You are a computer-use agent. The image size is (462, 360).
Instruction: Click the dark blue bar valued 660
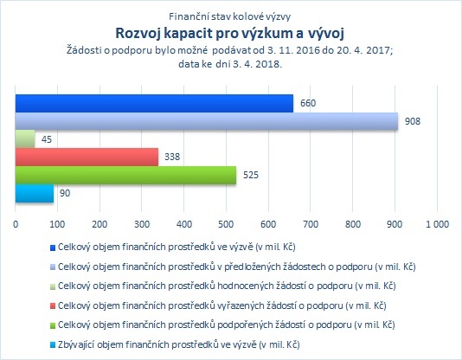154,103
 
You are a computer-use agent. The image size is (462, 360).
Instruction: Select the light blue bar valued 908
207,121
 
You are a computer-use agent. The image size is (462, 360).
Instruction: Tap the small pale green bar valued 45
25,139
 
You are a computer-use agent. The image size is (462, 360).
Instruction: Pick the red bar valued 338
87,157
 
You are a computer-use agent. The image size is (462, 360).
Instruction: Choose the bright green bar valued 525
125,176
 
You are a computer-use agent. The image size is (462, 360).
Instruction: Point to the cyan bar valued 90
35,193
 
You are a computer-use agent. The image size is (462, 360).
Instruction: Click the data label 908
413,121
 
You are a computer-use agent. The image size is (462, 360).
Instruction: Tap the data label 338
172,157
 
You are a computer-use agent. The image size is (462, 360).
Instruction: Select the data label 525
251,175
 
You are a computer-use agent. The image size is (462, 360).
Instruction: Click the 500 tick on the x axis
226,224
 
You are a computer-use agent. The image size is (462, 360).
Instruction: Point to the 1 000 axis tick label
437,224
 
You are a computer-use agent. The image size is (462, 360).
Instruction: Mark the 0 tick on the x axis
16,224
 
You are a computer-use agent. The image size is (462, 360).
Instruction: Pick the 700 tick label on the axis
311,224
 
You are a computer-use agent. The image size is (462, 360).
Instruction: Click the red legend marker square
53,306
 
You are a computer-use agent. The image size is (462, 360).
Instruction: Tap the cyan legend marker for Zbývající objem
53,345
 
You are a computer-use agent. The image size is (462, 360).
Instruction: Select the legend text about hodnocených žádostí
227,286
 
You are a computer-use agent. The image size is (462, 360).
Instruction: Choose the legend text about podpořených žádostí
227,325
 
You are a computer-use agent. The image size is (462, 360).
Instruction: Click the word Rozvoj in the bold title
138,33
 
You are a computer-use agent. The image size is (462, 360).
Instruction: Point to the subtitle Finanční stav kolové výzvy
230,16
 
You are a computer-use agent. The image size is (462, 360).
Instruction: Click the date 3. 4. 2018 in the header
256,64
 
